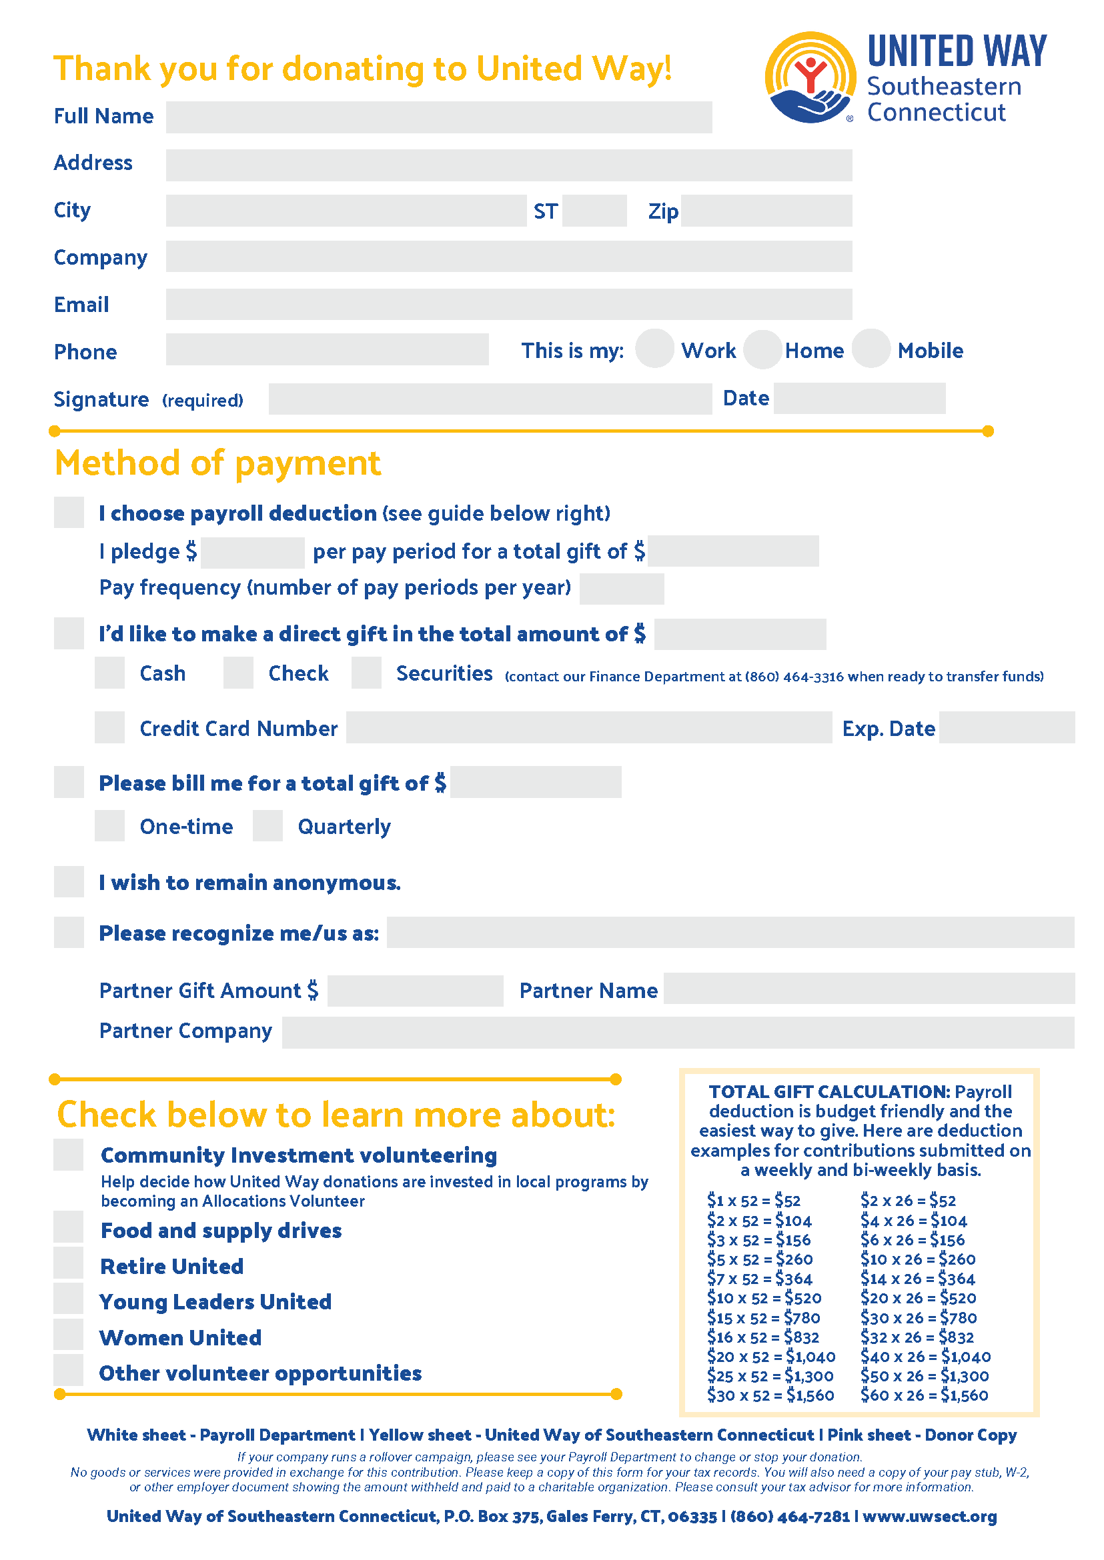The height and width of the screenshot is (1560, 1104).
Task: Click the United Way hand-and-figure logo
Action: coord(810,77)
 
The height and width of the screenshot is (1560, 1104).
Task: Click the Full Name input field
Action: coord(438,117)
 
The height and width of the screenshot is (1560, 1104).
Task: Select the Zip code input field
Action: coord(766,211)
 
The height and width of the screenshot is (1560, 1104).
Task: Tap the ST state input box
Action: coord(594,211)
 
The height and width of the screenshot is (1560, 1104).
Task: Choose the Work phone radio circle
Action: coord(654,349)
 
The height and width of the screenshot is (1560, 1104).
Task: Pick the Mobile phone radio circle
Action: coord(871,349)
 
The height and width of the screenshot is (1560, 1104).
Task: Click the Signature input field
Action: coord(490,399)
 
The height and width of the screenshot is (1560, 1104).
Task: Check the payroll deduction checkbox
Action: coord(69,512)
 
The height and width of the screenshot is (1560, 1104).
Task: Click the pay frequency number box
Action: coord(621,589)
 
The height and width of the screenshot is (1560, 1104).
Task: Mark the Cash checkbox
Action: coord(109,673)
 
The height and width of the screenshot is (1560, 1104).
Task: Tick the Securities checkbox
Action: coord(366,673)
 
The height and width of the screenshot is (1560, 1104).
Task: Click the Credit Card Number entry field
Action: coord(589,727)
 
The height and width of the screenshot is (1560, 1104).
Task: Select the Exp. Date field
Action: coord(1006,727)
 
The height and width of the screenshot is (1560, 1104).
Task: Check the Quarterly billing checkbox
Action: coord(268,825)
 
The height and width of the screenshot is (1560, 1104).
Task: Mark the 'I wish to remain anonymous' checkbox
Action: coord(69,881)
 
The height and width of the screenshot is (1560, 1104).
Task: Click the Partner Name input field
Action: coord(869,988)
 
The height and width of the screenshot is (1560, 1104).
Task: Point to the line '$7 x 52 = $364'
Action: coord(759,1279)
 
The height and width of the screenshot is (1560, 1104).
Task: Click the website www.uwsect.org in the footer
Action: coord(929,1517)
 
